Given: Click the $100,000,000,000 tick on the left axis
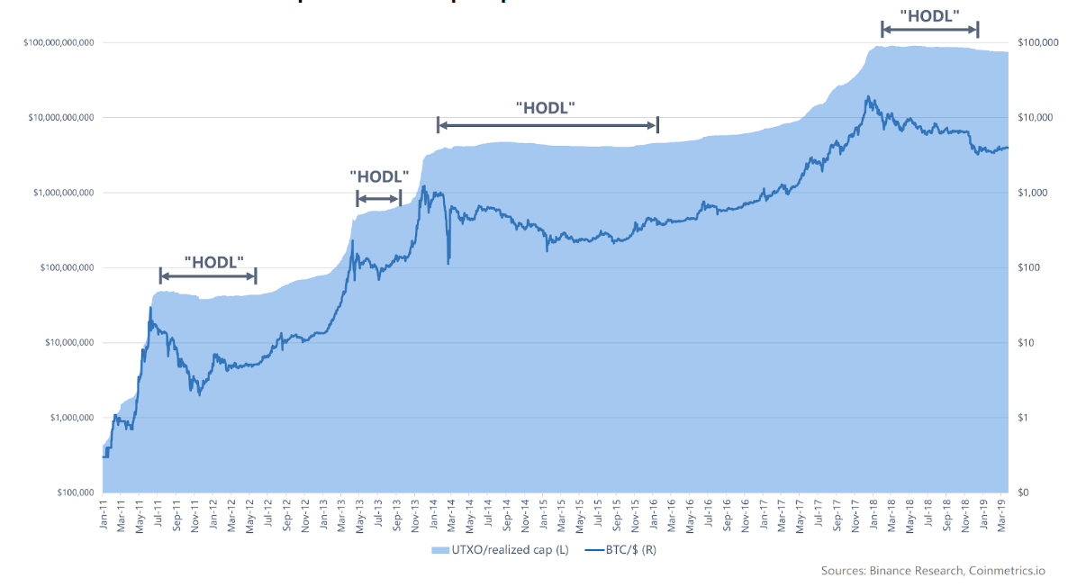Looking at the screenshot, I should coord(59,42).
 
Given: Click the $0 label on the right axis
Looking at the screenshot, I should coord(1024,493).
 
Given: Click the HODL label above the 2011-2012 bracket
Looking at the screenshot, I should coord(214,262).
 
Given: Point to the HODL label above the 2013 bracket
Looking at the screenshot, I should coord(379,176).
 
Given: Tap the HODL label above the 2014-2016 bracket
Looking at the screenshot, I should coord(546,107).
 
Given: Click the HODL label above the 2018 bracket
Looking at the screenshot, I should coord(929,15).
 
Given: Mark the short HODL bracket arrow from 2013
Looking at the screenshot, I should coord(378,198).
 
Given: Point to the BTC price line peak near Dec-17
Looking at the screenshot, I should coord(867,96).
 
